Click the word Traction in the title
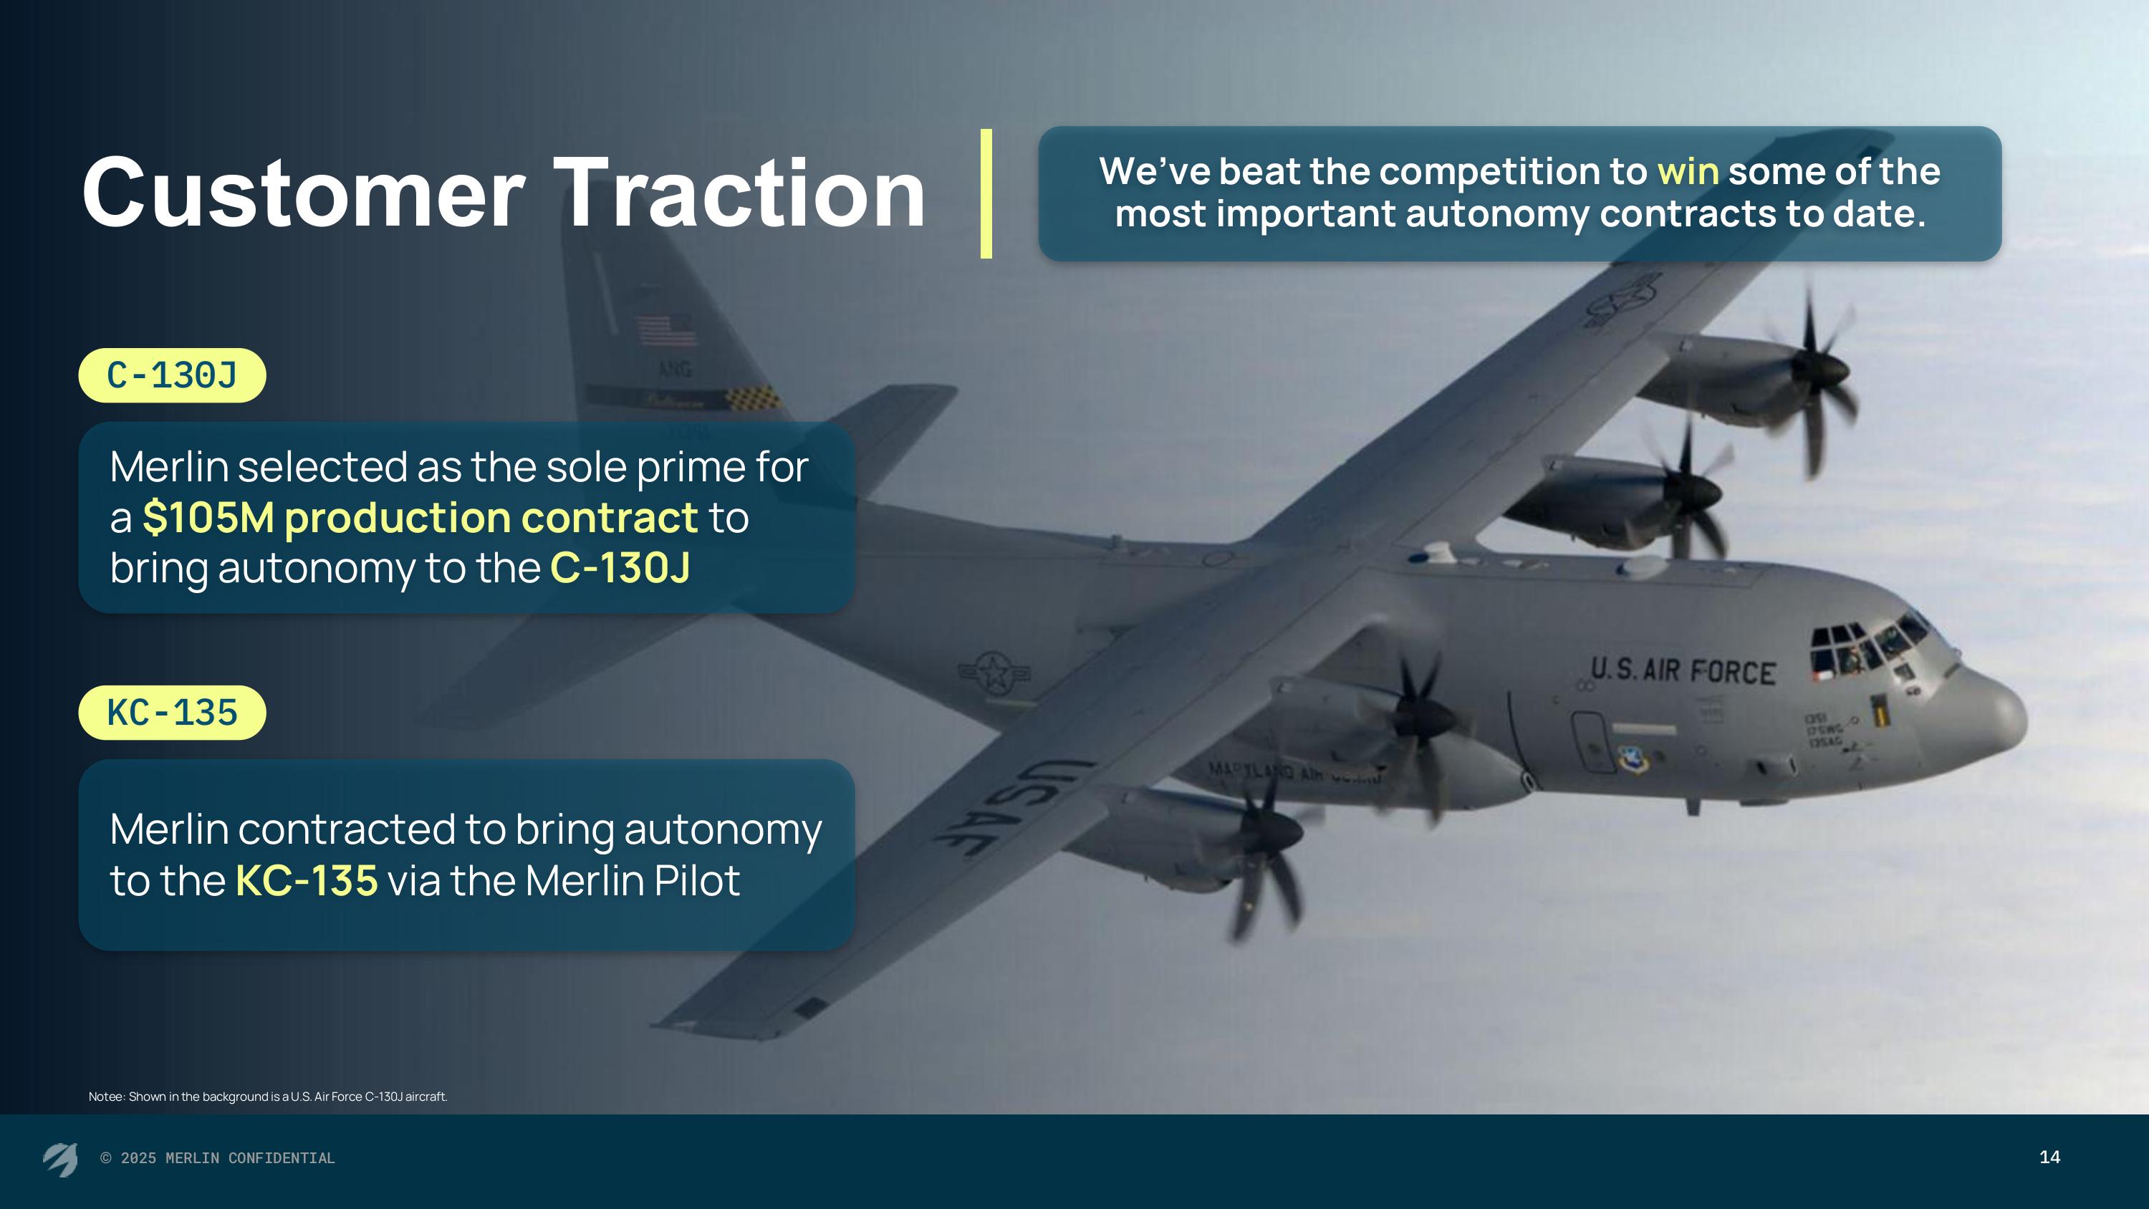pyautogui.click(x=739, y=193)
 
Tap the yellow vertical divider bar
pyautogui.click(x=986, y=193)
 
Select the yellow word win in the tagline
pyautogui.click(x=1688, y=171)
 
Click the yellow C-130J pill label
pyautogui.click(x=172, y=375)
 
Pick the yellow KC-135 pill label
pyautogui.click(x=172, y=713)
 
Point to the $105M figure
pyautogui.click(x=208, y=517)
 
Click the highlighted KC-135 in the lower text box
pyautogui.click(x=306, y=880)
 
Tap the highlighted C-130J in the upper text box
pyautogui.click(x=620, y=568)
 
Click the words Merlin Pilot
pyautogui.click(x=633, y=880)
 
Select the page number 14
pyautogui.click(x=2049, y=1157)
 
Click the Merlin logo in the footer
pyautogui.click(x=60, y=1159)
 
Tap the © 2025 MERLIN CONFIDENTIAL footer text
pyautogui.click(x=218, y=1158)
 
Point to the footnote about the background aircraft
pyautogui.click(x=268, y=1097)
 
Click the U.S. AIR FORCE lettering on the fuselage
pyautogui.click(x=1683, y=671)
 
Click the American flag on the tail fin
pyautogui.click(x=665, y=330)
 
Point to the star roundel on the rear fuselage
pyautogui.click(x=993, y=673)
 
